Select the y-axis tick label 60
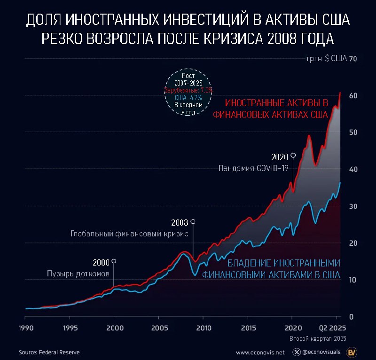point(353,96)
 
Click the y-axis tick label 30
point(353,206)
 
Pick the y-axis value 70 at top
point(353,59)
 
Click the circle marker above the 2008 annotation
point(193,221)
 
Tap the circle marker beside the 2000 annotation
point(114,261)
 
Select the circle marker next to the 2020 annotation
point(293,155)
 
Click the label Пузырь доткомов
point(78,274)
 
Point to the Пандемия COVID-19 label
point(253,168)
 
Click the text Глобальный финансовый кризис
point(129,234)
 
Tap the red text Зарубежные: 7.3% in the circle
point(188,90)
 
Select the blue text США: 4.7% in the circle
point(188,97)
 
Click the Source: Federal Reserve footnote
point(49,352)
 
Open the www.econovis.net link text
point(260,352)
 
